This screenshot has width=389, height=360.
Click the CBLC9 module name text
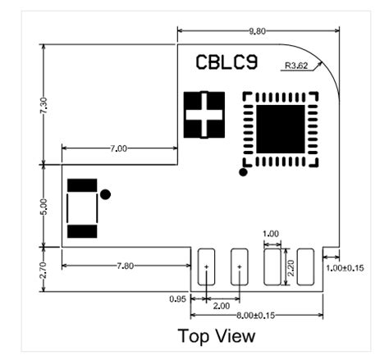click(x=227, y=62)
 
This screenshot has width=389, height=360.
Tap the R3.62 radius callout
click(x=296, y=66)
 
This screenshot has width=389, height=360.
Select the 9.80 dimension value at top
click(x=257, y=31)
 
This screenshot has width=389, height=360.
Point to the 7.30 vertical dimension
click(x=43, y=106)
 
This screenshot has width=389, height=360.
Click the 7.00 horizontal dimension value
click(x=119, y=148)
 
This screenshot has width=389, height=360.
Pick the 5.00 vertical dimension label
click(x=43, y=207)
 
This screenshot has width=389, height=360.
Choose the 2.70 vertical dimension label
click(x=43, y=270)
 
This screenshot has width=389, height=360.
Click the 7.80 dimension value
click(x=126, y=266)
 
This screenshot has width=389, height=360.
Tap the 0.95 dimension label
click(x=177, y=299)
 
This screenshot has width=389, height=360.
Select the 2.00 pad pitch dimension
click(x=222, y=306)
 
